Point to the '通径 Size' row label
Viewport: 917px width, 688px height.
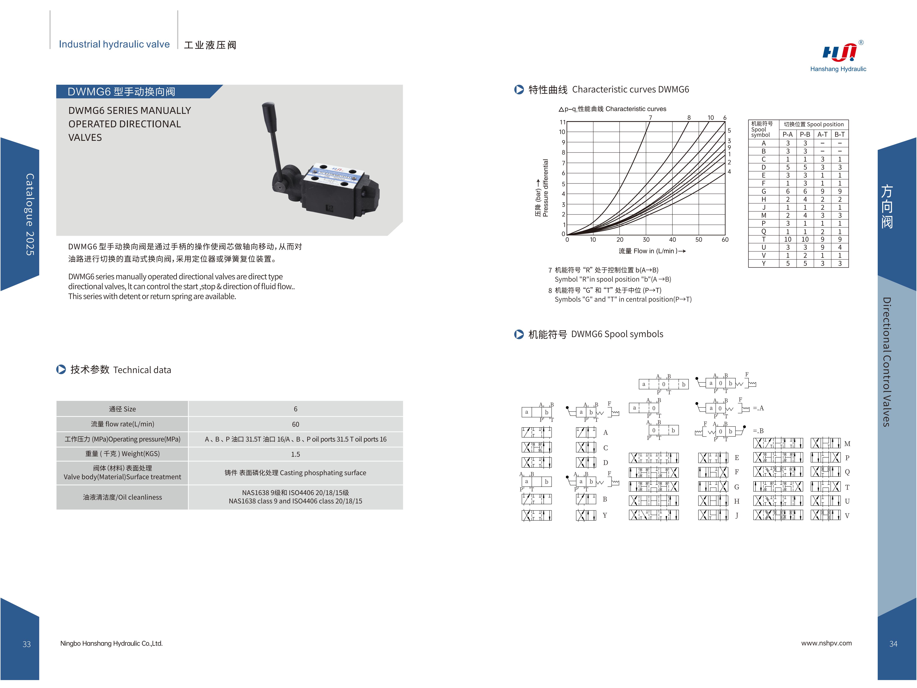pos(122,409)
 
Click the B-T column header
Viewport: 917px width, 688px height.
pos(839,134)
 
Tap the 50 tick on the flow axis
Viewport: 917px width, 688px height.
pos(699,240)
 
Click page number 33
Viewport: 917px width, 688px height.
pos(27,644)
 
